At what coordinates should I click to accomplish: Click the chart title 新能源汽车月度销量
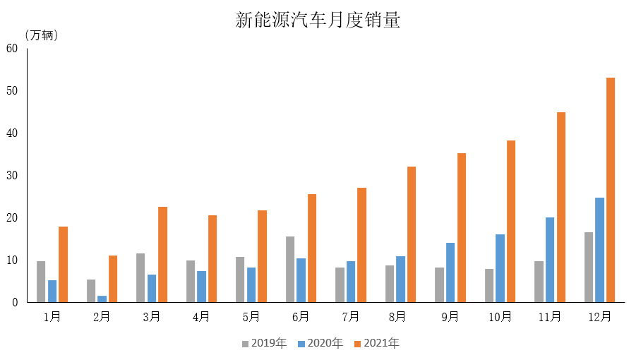tap(318, 20)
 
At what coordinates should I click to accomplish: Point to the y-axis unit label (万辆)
tap(42, 35)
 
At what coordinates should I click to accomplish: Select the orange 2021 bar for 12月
tap(611, 190)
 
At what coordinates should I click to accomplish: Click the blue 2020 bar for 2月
tap(102, 299)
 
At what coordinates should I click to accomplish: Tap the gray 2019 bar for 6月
tap(290, 269)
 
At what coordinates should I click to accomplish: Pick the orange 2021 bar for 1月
tap(64, 264)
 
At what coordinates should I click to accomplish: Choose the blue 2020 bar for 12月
tap(599, 250)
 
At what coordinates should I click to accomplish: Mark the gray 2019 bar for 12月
tap(589, 267)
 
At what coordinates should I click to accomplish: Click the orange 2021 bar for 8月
tap(412, 234)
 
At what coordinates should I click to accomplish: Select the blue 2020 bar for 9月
tap(450, 272)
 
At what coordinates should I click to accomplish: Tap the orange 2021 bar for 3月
tap(162, 255)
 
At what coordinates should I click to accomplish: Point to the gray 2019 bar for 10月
tap(489, 285)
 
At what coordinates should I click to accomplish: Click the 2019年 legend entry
tap(265, 343)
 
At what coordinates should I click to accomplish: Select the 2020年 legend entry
tap(320, 343)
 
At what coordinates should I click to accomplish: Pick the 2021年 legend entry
tap(377, 343)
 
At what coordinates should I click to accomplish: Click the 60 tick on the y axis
tap(12, 48)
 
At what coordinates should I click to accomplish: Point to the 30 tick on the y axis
tap(12, 175)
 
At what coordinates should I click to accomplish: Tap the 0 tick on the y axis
tap(15, 302)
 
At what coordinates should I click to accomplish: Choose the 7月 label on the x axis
tap(351, 317)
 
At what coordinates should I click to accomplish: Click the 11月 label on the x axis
tap(550, 317)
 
